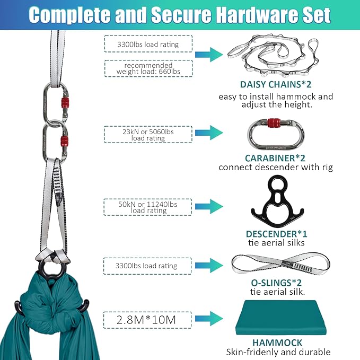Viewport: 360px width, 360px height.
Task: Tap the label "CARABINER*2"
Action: (x=275, y=157)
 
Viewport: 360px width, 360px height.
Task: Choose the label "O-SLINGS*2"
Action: (x=276, y=282)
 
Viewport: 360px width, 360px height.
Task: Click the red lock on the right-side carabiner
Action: (x=274, y=123)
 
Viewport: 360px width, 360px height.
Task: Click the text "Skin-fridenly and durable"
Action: (x=278, y=352)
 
